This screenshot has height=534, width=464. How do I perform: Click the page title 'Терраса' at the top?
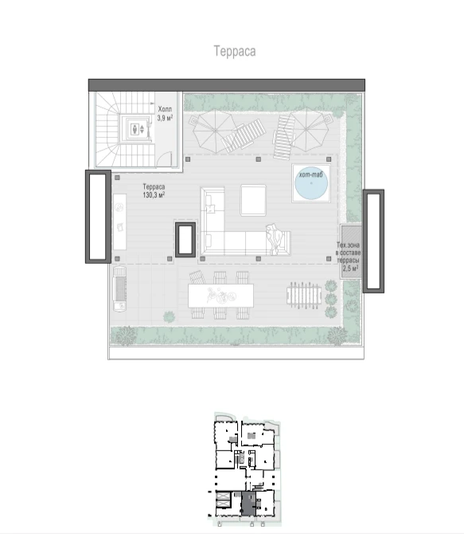[x=235, y=51]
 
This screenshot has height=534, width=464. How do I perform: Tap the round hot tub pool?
[x=311, y=185]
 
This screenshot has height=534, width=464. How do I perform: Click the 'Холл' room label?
[x=165, y=109]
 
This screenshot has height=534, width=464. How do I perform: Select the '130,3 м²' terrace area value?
[x=154, y=194]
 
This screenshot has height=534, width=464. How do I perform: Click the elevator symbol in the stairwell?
[x=138, y=129]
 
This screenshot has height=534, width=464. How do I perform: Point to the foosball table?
[x=304, y=295]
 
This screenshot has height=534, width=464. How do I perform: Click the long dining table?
[x=220, y=296]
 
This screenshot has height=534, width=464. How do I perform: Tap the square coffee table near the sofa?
[x=253, y=200]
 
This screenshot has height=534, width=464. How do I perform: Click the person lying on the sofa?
[x=275, y=239]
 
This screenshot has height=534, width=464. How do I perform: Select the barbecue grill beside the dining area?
[x=119, y=289]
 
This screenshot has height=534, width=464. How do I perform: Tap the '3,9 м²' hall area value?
[x=165, y=118]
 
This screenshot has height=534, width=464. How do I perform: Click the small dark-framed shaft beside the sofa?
[x=185, y=239]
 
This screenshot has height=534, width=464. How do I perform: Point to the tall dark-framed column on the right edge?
[x=373, y=241]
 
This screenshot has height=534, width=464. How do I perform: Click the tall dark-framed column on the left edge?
[x=98, y=217]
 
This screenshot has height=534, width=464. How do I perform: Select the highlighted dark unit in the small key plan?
[x=248, y=504]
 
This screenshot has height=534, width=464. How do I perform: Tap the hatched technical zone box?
[x=351, y=252]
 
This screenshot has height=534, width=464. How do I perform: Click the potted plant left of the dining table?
[x=169, y=317]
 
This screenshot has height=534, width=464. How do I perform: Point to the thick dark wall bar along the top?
[x=227, y=85]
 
